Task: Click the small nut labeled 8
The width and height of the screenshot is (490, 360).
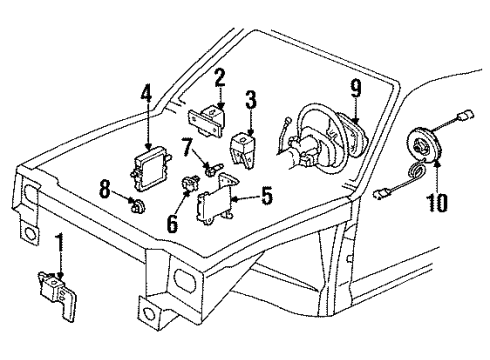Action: tap(138, 206)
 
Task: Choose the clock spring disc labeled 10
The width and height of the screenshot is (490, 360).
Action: tap(426, 145)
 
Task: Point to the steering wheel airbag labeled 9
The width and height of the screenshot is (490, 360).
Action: tap(347, 134)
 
